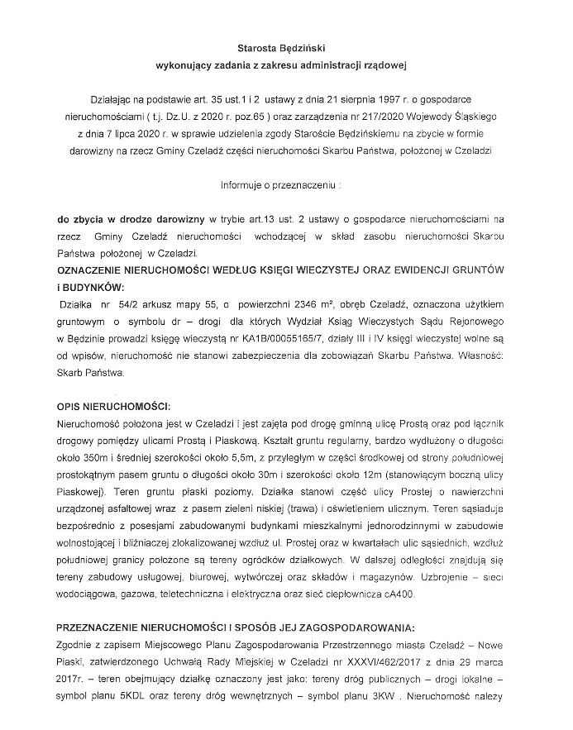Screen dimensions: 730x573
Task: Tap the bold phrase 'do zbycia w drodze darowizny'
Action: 131,218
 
